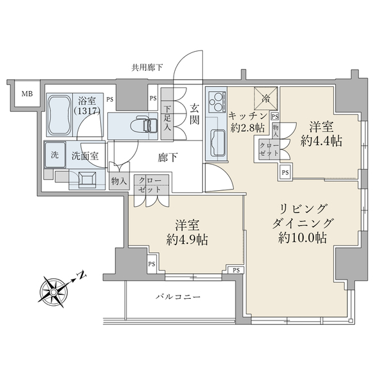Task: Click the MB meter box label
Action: click(26, 95)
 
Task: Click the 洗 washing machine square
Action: click(54, 154)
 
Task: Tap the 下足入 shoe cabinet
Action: click(167, 118)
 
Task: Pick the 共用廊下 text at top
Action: click(147, 66)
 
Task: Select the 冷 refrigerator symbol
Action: click(266, 98)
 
